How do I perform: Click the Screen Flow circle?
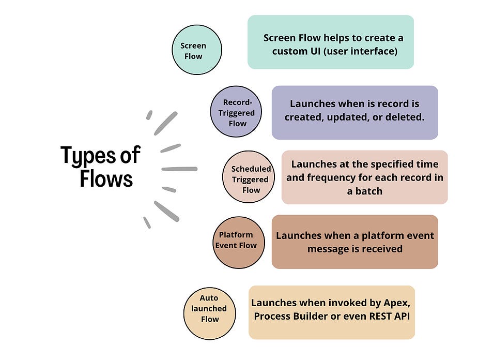pyautogui.click(x=196, y=51)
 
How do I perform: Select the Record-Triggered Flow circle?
pyautogui.click(x=236, y=112)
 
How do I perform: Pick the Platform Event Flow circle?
pyautogui.click(x=238, y=243)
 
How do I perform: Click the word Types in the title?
pyautogui.click(x=86, y=155)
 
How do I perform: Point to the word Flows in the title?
pyautogui.click(x=106, y=179)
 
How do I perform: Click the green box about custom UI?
pyautogui.click(x=330, y=42)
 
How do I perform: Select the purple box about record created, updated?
pyautogui.click(x=354, y=112)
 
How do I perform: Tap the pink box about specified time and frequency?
pyautogui.click(x=364, y=177)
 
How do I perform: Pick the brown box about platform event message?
pyautogui.click(x=354, y=242)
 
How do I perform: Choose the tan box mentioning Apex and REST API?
pyautogui.click(x=331, y=312)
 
